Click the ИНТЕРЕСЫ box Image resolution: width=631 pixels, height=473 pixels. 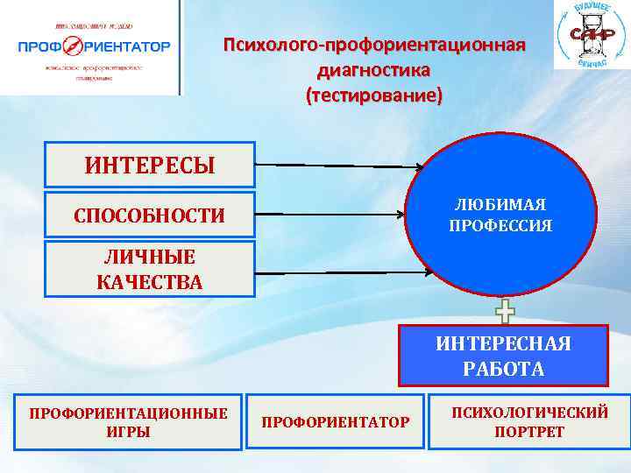tap(149, 165)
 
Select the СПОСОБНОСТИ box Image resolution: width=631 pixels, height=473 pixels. tap(149, 215)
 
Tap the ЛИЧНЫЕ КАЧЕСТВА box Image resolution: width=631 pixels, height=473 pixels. tap(149, 269)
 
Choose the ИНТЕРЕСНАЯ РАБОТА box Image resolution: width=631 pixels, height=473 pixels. tap(503, 356)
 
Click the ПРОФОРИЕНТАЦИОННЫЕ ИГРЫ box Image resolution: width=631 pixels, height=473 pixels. tap(128, 421)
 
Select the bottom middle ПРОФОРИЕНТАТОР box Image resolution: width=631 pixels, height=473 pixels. tap(336, 422)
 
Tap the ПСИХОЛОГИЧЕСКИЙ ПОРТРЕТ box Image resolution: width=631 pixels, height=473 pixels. tap(528, 421)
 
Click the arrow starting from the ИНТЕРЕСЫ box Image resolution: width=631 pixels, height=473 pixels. tap(342, 165)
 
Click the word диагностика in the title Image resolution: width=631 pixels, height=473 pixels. tap(374, 70)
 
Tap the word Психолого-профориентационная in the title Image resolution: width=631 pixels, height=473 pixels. tap(374, 45)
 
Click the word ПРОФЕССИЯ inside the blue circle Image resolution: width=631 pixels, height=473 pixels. tap(500, 226)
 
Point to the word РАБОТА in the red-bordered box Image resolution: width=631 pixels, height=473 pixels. tap(503, 369)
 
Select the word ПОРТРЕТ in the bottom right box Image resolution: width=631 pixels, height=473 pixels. tap(528, 433)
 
